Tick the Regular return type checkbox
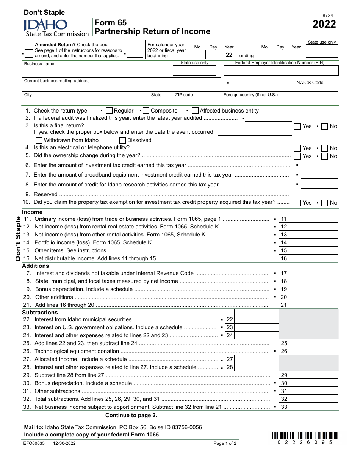[109, 111]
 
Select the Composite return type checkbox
[146, 111]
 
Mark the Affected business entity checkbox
[195, 111]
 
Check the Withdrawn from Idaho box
[39, 140]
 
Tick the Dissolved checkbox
[122, 140]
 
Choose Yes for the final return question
[297, 126]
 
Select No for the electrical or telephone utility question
[324, 148]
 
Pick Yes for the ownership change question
[297, 156]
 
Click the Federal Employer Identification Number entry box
[281, 70]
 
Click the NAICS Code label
[310, 83]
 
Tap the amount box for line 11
[314, 219]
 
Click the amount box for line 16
[314, 258]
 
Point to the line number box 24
[230, 335]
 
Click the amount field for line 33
[314, 407]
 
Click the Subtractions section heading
[40, 313]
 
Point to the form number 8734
[328, 16]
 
